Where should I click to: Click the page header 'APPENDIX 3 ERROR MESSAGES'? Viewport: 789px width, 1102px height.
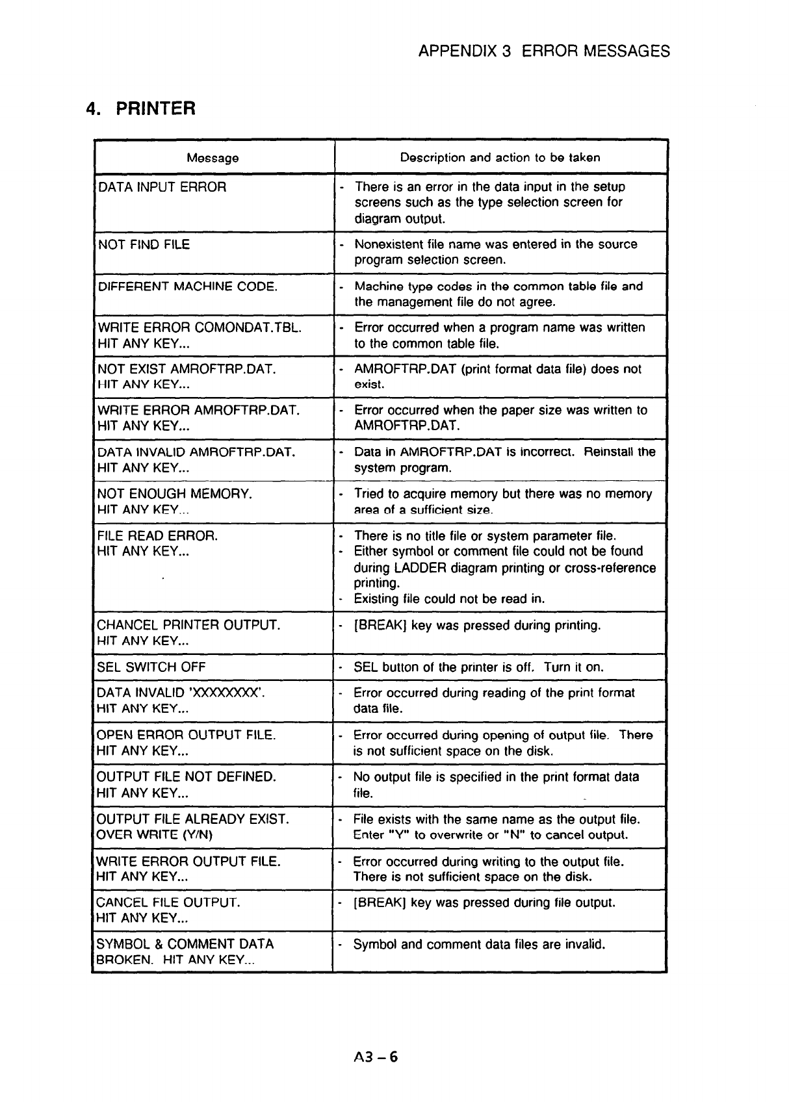tap(544, 51)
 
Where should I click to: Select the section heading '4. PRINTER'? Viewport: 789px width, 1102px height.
tap(140, 108)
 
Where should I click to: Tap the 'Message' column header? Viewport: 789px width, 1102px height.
tap(213, 158)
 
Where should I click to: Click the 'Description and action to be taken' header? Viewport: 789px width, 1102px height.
tap(500, 157)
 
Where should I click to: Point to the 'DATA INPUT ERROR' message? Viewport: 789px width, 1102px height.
tap(162, 187)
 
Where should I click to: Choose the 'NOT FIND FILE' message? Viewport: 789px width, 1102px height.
tap(144, 244)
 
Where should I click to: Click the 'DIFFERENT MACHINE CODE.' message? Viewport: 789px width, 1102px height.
tap(187, 287)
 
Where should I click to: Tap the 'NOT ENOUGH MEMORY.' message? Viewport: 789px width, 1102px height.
tap(174, 494)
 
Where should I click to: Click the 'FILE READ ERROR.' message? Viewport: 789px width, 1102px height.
tap(157, 536)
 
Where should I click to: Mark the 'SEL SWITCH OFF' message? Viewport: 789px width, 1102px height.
tap(151, 667)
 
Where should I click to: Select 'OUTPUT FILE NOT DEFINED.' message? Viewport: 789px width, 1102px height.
tap(186, 777)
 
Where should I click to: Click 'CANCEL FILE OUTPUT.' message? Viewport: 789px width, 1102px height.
tap(168, 903)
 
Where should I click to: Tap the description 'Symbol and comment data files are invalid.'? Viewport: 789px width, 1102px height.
tap(479, 944)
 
